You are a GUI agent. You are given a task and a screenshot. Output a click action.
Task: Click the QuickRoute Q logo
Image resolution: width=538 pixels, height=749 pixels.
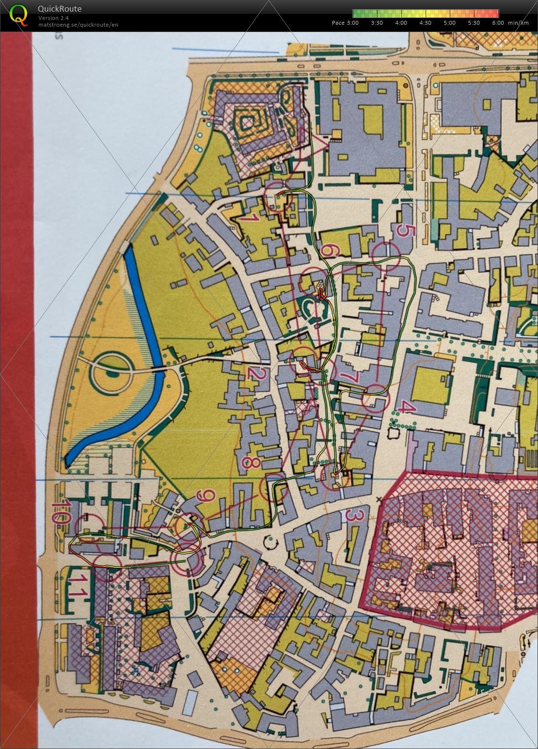point(18,15)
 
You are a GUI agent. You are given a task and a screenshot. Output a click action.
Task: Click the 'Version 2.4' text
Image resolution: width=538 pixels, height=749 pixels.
point(53,18)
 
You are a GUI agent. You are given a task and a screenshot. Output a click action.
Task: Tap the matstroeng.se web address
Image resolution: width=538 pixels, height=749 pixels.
point(78,25)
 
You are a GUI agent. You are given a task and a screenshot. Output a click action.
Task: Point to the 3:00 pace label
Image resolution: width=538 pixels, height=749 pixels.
point(352,23)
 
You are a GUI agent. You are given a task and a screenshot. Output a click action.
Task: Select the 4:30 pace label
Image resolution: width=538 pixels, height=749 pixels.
point(425,23)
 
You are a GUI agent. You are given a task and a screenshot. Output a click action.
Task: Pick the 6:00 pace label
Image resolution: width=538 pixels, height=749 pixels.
point(498,23)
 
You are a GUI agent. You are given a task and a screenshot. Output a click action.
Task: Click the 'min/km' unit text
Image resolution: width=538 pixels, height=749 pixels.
point(518,23)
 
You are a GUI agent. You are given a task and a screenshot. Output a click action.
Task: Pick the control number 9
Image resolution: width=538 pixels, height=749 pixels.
point(206,496)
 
